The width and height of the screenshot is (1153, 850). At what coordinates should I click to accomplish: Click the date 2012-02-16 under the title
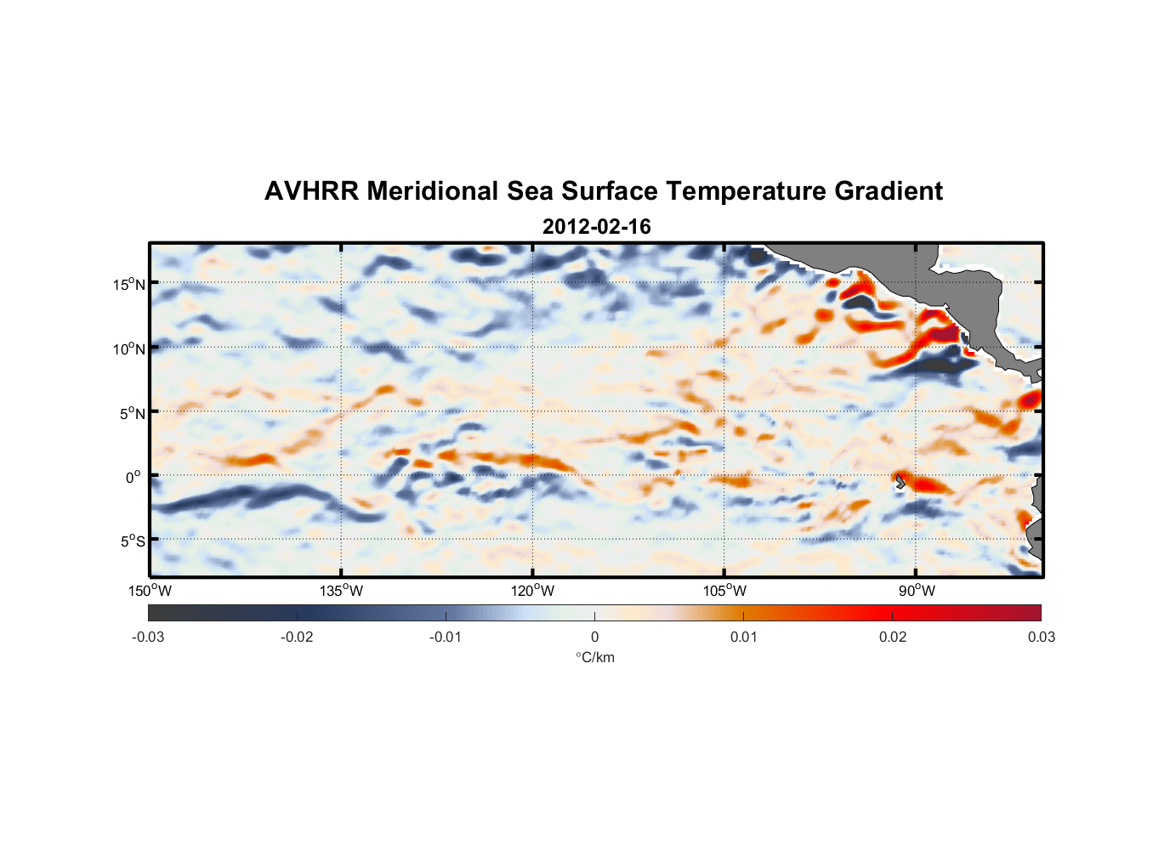tap(596, 227)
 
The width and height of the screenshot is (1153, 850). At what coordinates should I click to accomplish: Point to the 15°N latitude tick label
tap(129, 284)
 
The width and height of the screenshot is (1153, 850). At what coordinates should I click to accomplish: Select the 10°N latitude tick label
tap(129, 348)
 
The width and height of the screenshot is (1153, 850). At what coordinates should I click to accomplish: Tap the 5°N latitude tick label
tap(132, 413)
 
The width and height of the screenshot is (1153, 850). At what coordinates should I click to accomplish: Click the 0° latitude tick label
tap(133, 477)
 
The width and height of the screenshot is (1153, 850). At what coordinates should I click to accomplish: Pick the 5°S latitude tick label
tap(132, 541)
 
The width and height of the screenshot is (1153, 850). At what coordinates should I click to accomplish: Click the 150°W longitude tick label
tap(150, 591)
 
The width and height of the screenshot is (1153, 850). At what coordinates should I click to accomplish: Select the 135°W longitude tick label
tap(341, 591)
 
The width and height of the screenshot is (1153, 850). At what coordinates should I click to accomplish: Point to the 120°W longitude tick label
tap(532, 591)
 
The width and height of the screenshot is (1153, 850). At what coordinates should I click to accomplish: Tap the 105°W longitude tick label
tap(724, 591)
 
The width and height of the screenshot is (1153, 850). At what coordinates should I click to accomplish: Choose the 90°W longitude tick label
tap(916, 591)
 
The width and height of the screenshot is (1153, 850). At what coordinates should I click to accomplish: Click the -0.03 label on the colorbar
tap(148, 637)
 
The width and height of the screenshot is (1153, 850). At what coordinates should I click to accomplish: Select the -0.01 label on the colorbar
tap(446, 637)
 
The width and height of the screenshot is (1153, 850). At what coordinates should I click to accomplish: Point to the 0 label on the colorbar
tap(594, 637)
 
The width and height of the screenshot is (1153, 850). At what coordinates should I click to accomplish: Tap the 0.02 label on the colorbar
tap(892, 637)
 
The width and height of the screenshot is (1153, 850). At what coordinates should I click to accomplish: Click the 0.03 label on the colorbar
tap(1041, 637)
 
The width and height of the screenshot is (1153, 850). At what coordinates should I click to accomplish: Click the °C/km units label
tap(594, 657)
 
